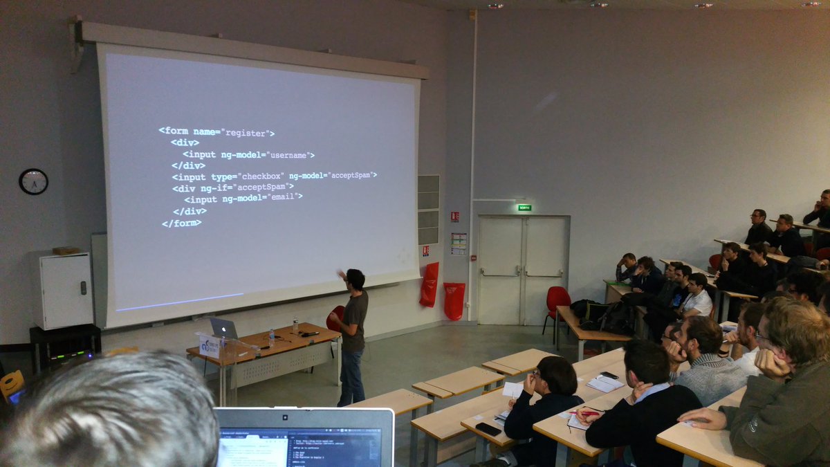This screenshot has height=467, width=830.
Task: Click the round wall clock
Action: pyautogui.click(x=33, y=181)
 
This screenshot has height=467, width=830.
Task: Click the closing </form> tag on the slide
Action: pyautogui.click(x=181, y=223)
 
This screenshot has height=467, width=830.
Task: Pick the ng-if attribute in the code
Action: pyautogui.click(x=215, y=187)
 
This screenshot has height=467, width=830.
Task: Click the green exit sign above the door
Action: pyautogui.click(x=524, y=207)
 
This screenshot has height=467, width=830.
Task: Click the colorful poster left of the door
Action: pyautogui.click(x=459, y=244)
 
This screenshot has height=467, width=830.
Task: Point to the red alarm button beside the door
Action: pyautogui.click(x=454, y=217)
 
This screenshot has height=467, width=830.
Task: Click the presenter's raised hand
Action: pyautogui.click(x=340, y=274)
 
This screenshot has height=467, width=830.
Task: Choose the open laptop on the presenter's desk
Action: pyautogui.click(x=223, y=329)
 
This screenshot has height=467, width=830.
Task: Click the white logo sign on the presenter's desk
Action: pyautogui.click(x=210, y=345)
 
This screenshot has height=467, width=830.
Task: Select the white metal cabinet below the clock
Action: pyautogui.click(x=62, y=290)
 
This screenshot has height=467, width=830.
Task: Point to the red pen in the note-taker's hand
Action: pyautogui.click(x=589, y=413)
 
